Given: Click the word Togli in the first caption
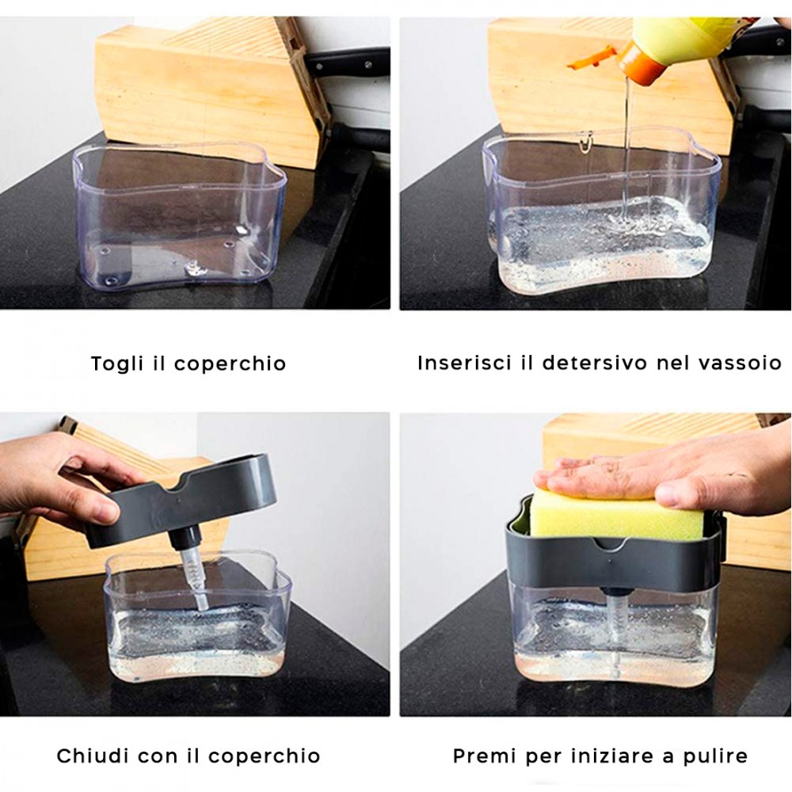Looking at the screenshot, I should tap(117, 364).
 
